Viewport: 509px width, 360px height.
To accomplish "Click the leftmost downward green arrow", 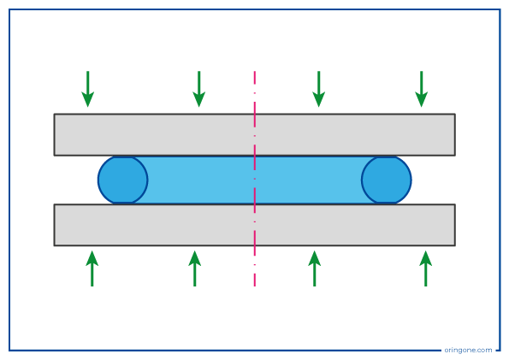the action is pyautogui.click(x=87, y=89).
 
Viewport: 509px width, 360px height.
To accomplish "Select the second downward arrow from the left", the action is pyautogui.click(x=199, y=89).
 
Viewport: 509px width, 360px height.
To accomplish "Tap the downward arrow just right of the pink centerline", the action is pyautogui.click(x=319, y=89).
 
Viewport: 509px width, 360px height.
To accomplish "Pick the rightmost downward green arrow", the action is pyautogui.click(x=422, y=89).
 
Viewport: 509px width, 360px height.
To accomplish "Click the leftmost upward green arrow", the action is pyautogui.click(x=92, y=269).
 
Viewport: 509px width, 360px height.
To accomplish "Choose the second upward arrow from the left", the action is pyautogui.click(x=195, y=269).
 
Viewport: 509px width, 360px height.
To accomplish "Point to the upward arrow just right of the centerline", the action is pyautogui.click(x=315, y=269).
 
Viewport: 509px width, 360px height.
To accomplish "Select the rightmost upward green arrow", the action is pyautogui.click(x=425, y=269).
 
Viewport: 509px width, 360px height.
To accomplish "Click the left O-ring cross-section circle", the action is pyautogui.click(x=123, y=180).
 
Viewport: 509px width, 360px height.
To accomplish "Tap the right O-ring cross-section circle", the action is pyautogui.click(x=387, y=180).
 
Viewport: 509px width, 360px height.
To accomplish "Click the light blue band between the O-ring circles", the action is pyautogui.click(x=255, y=180).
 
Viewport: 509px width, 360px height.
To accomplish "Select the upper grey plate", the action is pyautogui.click(x=255, y=135).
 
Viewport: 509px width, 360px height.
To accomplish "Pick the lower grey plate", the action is pyautogui.click(x=255, y=225).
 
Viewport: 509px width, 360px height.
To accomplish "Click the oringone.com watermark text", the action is pyautogui.click(x=468, y=350).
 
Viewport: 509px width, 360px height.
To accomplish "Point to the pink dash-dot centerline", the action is pyautogui.click(x=255, y=179).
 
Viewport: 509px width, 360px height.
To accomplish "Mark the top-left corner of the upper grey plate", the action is pyautogui.click(x=54, y=114).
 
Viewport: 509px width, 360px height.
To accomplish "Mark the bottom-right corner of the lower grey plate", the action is pyautogui.click(x=455, y=245).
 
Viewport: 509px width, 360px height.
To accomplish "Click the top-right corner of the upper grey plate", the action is pyautogui.click(x=455, y=114).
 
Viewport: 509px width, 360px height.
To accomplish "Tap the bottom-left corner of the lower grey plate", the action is pyautogui.click(x=54, y=245).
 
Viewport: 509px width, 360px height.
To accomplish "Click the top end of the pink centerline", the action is pyautogui.click(x=255, y=71).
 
